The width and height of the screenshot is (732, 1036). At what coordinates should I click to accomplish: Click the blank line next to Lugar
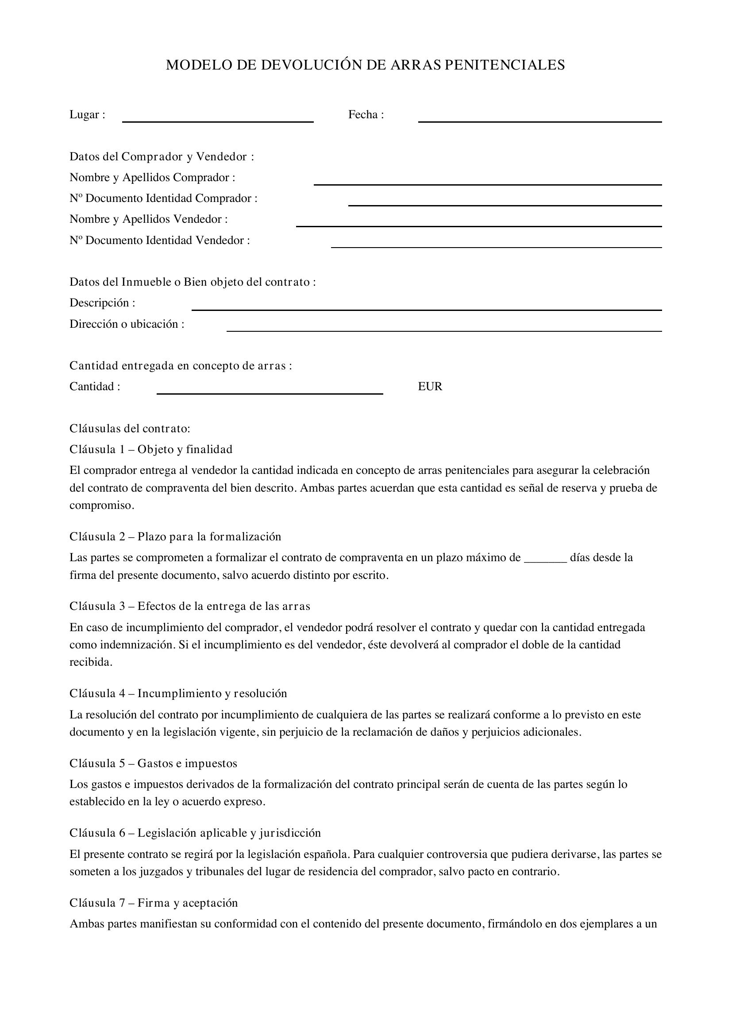click(218, 118)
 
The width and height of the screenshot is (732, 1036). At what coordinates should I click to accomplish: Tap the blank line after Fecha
click(539, 118)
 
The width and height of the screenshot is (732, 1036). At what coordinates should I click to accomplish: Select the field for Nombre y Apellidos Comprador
click(487, 181)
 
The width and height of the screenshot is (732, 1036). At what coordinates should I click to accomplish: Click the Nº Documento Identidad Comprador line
click(505, 202)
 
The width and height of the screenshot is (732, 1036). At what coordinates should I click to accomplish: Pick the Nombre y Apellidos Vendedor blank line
click(478, 223)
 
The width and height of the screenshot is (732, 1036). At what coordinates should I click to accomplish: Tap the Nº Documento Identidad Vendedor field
click(496, 244)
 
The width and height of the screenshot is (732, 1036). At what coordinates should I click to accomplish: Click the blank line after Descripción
click(426, 307)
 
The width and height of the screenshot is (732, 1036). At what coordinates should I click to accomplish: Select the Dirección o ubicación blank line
click(443, 328)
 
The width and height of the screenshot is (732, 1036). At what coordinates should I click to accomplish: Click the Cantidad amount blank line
click(270, 391)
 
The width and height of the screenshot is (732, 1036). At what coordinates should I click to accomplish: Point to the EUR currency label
click(430, 387)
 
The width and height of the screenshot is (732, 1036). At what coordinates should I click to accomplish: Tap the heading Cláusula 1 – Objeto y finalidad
click(151, 450)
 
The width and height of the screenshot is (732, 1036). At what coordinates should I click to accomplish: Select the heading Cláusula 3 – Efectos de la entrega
click(190, 606)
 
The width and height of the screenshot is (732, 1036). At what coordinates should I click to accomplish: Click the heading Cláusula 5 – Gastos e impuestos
click(153, 763)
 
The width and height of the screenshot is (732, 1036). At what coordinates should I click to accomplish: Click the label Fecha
click(365, 115)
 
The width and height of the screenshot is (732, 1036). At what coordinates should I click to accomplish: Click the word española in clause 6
click(326, 854)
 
